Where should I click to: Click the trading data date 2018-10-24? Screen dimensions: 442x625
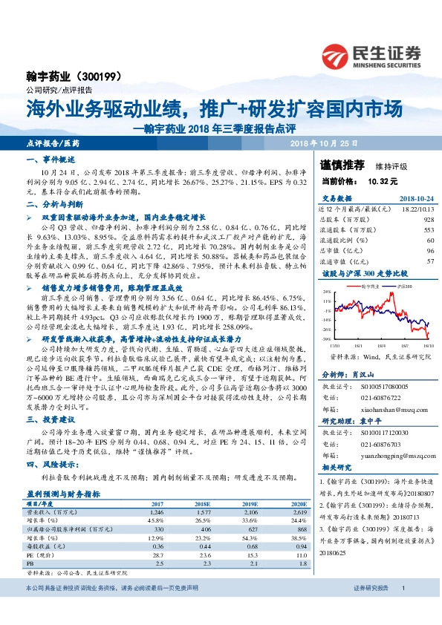point(415,198)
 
